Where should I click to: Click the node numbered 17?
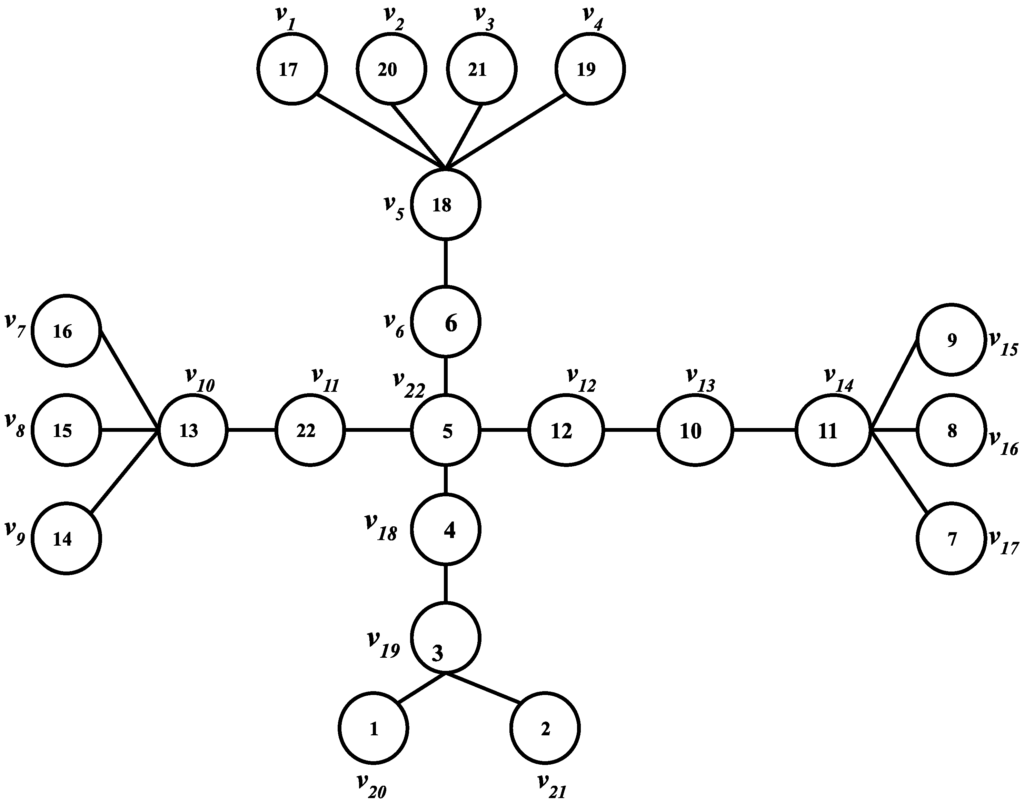tap(292, 69)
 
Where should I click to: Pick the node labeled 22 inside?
tap(310, 430)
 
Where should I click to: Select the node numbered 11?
tap(833, 430)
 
